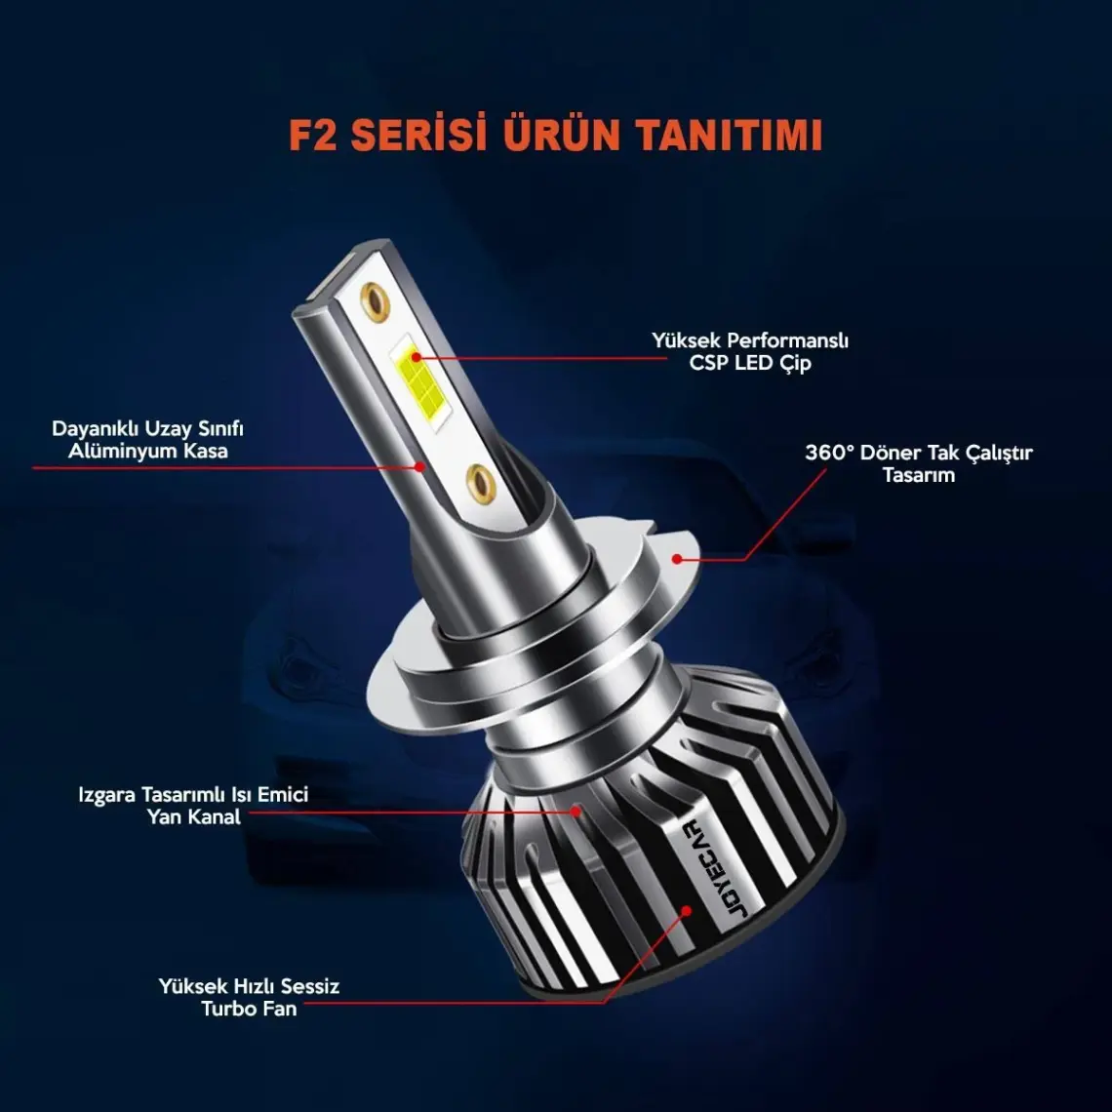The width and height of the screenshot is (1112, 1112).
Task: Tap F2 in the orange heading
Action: (313, 136)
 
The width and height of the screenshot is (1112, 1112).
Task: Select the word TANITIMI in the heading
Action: (729, 136)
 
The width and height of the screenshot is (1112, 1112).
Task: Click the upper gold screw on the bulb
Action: (376, 301)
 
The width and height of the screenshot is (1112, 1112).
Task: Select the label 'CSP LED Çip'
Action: (749, 364)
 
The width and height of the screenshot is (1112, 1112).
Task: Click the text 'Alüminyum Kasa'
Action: (147, 452)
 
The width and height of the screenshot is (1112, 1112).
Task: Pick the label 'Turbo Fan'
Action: (249, 1009)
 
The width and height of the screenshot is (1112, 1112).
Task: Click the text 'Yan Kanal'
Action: (193, 817)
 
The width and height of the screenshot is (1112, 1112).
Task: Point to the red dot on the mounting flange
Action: (677, 559)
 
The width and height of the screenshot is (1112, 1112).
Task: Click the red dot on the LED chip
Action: (417, 357)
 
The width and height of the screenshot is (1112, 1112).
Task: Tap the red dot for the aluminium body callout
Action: (419, 466)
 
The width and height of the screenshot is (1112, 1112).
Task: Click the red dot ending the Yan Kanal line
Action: (576, 811)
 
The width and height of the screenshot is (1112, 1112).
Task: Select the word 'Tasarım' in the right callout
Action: (919, 475)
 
